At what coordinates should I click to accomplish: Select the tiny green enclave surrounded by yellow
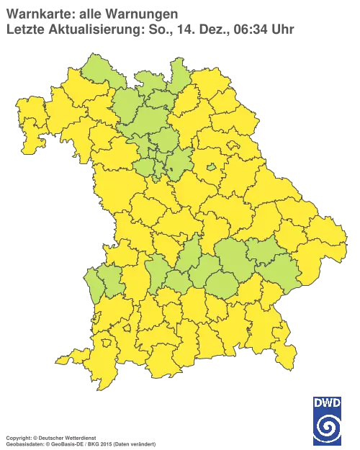(x=212, y=168)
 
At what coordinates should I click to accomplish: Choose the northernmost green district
(x=176, y=69)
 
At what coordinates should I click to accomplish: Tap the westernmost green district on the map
(x=94, y=282)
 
